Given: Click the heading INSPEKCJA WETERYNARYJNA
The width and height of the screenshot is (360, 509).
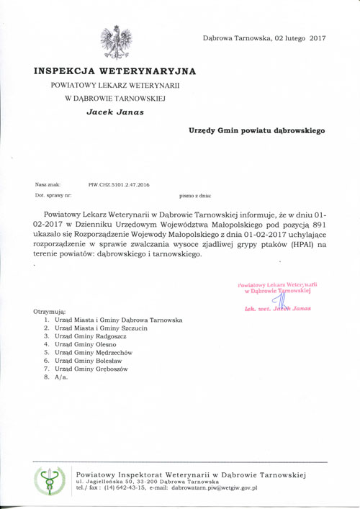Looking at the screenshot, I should tap(114, 71).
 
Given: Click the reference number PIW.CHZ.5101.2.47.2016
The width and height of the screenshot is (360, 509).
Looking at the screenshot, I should tap(119, 185).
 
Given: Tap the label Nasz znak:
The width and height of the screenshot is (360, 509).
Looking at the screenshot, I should tap(48, 185).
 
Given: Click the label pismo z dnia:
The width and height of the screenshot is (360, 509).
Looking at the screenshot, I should tap(194, 195).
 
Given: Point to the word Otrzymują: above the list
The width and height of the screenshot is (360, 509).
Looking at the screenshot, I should tap(50, 311).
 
